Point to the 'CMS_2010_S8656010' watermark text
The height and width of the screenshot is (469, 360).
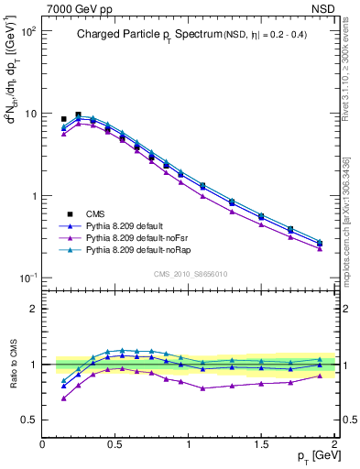(x=190, y=272)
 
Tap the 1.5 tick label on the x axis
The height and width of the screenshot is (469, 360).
(x=261, y=443)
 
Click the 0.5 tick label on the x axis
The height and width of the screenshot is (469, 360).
(x=115, y=443)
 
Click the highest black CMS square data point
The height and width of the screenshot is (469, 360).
(x=78, y=115)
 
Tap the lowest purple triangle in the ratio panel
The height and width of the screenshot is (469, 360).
(x=63, y=398)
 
